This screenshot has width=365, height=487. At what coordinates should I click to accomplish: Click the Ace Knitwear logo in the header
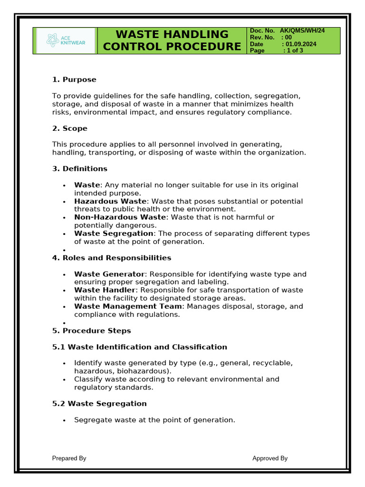click(x=65, y=40)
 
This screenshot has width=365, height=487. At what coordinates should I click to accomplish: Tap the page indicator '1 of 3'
click(x=293, y=50)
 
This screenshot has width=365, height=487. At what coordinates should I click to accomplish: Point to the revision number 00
click(x=288, y=37)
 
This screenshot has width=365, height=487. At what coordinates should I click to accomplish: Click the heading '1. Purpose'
click(x=74, y=79)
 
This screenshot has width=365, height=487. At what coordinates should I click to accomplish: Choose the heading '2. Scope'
click(x=69, y=128)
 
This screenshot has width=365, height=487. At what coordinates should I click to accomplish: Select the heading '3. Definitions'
click(x=79, y=168)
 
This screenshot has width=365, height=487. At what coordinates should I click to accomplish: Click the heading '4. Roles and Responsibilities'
click(x=112, y=258)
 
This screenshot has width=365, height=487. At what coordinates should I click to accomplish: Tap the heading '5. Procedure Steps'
click(x=91, y=330)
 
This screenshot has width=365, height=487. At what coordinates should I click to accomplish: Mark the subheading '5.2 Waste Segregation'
click(x=99, y=403)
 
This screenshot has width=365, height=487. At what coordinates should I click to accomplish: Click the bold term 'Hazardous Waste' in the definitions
click(x=110, y=201)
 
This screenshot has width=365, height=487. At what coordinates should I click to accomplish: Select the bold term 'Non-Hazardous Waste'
click(x=120, y=217)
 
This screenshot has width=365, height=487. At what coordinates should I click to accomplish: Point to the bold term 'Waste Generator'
click(x=109, y=274)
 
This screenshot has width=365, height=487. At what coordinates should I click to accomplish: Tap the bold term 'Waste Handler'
click(x=105, y=290)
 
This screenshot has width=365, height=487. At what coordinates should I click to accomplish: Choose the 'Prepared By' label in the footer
click(x=69, y=458)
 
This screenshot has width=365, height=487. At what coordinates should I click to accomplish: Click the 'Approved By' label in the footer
click(x=270, y=458)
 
